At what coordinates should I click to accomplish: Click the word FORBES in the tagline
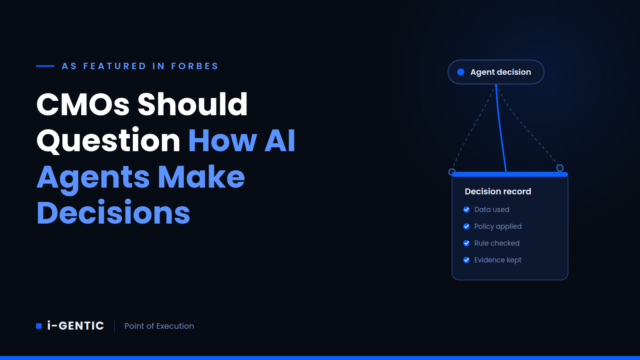pyautogui.click(x=194, y=66)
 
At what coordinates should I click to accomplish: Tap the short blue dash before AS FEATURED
pyautogui.click(x=45, y=66)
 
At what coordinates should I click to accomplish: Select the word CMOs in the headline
pyautogui.click(x=83, y=104)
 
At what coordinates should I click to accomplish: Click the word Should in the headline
pyautogui.click(x=192, y=104)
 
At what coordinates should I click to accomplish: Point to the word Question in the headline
pyautogui.click(x=108, y=140)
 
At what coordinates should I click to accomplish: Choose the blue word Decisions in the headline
pyautogui.click(x=113, y=212)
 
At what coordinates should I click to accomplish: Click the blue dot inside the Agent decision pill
pyautogui.click(x=461, y=72)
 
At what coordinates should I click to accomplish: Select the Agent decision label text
pyautogui.click(x=500, y=72)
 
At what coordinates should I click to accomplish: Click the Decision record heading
pyautogui.click(x=498, y=192)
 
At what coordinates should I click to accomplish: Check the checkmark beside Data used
pyautogui.click(x=466, y=210)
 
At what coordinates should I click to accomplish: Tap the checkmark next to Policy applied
pyautogui.click(x=466, y=226)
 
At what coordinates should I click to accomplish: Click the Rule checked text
pyautogui.click(x=497, y=243)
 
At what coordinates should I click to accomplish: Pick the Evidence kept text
pyautogui.click(x=498, y=260)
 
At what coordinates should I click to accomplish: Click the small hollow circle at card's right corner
pyautogui.click(x=560, y=168)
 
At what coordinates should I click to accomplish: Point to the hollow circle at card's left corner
pyautogui.click(x=452, y=172)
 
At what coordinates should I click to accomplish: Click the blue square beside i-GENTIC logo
pyautogui.click(x=39, y=326)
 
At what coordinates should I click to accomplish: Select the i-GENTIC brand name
pyautogui.click(x=76, y=326)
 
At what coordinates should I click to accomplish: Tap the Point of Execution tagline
pyautogui.click(x=159, y=326)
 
